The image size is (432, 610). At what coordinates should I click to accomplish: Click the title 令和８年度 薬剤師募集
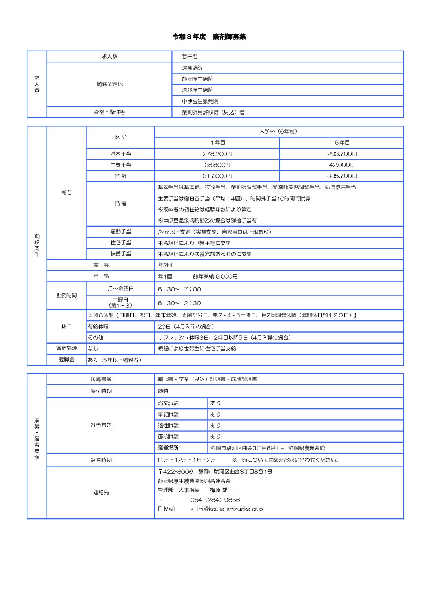[x=209, y=37]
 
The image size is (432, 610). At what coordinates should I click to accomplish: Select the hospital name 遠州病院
[x=192, y=68]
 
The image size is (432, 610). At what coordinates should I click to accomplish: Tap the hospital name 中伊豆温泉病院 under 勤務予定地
[x=200, y=101]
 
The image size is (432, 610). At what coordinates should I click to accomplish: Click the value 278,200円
[x=217, y=154]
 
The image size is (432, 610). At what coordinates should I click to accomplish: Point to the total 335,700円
[x=342, y=176]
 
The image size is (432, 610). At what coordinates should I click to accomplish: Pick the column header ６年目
[x=342, y=143]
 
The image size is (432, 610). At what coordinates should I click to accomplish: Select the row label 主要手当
[x=121, y=165]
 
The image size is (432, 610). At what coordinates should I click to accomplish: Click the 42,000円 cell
[x=342, y=165]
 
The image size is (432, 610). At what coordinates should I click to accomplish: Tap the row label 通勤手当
[x=121, y=232]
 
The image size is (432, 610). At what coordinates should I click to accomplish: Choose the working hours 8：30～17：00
[x=179, y=289]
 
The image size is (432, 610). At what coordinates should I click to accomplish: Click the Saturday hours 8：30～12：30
[x=179, y=303]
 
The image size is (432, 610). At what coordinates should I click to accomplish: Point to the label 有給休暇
[x=98, y=327]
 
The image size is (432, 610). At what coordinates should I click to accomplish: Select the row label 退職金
[x=66, y=360]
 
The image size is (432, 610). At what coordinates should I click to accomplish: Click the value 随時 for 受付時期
[x=163, y=391]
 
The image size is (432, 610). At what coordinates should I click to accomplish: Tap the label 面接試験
[x=168, y=437]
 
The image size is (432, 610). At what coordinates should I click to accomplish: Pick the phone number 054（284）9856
[x=215, y=500]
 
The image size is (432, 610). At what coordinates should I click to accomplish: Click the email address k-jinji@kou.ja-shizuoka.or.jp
[x=226, y=509]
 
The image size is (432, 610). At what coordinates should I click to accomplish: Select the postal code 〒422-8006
[x=175, y=472]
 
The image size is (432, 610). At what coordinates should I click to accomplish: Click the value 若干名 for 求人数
[x=190, y=57]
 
